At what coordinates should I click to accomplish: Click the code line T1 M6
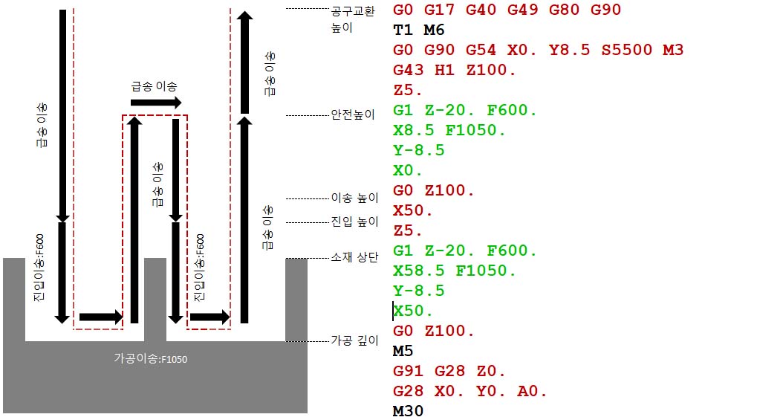coord(419,30)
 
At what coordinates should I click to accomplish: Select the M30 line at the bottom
coord(408,410)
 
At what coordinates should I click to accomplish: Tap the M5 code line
coord(403,351)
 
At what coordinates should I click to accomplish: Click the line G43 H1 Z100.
coord(455,71)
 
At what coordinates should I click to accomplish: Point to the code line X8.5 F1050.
coord(449,130)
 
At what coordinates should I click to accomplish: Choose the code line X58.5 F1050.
coord(454,271)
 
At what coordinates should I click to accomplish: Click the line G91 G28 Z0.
coord(449,371)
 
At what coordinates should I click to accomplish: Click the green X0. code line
coord(408,170)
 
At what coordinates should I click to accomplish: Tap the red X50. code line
coord(412,210)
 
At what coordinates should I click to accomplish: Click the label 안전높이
coord(353,115)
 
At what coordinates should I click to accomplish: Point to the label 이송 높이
coord(354,198)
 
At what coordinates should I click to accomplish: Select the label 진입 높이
coord(354,222)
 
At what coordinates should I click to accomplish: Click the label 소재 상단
coord(354,258)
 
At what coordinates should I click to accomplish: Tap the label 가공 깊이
coord(354,340)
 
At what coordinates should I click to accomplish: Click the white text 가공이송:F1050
coord(150,359)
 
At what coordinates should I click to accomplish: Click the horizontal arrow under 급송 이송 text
coord(156,103)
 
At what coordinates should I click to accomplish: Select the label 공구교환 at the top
coord(353,12)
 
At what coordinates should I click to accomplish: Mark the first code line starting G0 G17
coord(507,10)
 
